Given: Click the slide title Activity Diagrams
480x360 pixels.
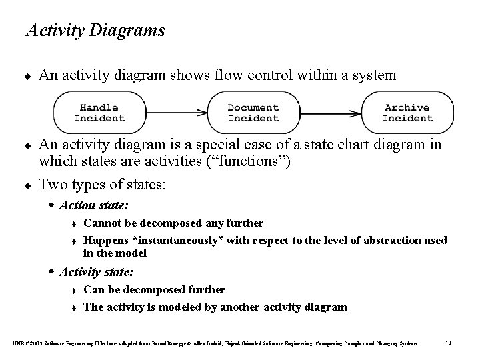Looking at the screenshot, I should tap(95, 31).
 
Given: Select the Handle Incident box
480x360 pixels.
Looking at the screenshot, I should tap(99, 113).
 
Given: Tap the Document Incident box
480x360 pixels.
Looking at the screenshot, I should tap(253, 113).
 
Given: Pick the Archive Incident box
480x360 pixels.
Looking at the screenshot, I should tap(407, 113).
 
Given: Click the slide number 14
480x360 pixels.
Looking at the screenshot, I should tap(449, 343).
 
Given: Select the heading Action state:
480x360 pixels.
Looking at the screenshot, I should tap(94, 205).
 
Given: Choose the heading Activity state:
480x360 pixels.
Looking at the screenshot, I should tap(97, 272).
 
